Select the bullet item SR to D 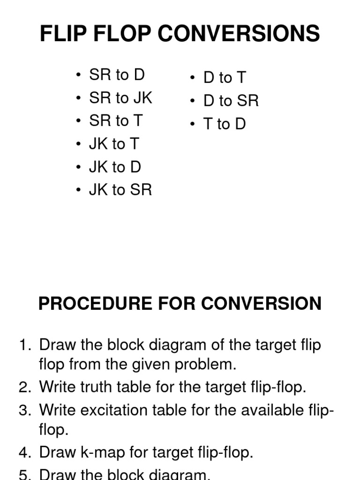[117, 75]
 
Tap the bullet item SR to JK [120, 98]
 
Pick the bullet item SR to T [116, 121]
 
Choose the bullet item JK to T [114, 144]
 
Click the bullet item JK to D [115, 167]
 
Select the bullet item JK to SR [120, 190]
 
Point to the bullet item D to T [225, 78]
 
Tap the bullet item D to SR [231, 101]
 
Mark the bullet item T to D [225, 124]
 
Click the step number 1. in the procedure [24, 345]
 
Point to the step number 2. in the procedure [24, 387]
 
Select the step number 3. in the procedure [24, 410]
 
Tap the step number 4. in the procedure [24, 452]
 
